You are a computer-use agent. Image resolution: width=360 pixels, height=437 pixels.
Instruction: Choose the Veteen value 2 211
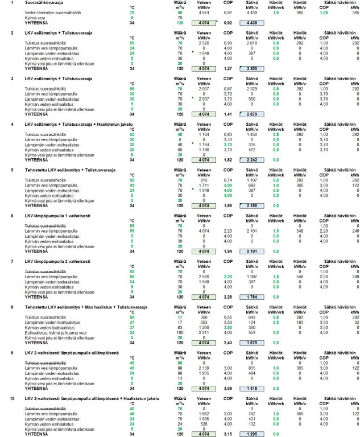[204, 333]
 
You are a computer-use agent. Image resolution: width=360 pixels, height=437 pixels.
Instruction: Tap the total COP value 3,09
[227, 388]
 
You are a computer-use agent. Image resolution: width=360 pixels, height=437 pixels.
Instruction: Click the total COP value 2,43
[227, 343]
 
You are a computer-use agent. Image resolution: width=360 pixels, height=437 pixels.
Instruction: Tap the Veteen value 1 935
[204, 374]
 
